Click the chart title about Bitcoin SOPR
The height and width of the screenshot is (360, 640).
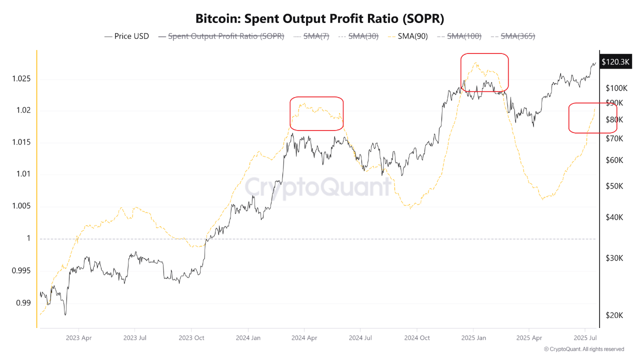(319, 18)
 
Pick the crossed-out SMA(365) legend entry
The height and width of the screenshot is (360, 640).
(513, 36)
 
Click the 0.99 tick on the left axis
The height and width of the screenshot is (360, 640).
(23, 302)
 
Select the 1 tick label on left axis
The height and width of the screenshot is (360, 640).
(28, 238)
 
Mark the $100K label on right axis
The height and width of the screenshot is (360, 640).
(616, 88)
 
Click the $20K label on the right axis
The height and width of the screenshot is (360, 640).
(614, 315)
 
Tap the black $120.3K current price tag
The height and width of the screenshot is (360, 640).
(615, 62)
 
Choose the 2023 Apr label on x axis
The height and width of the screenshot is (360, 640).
(78, 337)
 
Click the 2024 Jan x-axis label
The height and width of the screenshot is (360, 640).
(248, 337)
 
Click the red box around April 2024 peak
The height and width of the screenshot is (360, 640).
(316, 113)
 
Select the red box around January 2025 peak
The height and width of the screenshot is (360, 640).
(484, 72)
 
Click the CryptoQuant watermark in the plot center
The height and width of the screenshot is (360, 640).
(318, 187)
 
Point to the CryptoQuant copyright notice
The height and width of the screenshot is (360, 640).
(583, 349)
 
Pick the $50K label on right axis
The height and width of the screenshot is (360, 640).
(614, 186)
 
